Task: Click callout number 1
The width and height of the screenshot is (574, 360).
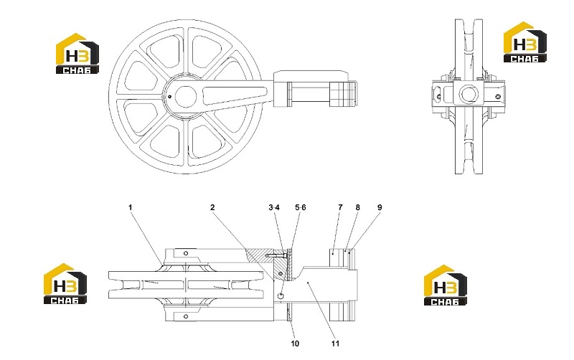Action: (130, 207)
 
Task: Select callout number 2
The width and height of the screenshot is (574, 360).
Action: (212, 207)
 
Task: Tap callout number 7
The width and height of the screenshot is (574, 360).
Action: (340, 207)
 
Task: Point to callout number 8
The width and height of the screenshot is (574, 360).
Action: (357, 207)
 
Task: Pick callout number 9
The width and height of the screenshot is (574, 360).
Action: (380, 207)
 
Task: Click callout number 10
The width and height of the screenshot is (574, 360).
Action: (295, 344)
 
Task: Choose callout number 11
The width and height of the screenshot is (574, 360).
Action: (335, 344)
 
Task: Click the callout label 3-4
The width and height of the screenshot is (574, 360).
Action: (274, 207)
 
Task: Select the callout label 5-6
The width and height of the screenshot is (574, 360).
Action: (301, 207)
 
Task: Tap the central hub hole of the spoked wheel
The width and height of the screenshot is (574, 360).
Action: (186, 97)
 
